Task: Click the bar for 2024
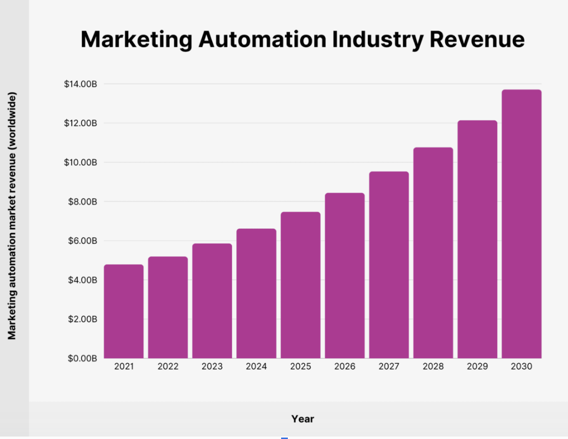(x=256, y=294)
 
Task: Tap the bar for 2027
(x=389, y=265)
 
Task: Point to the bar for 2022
(x=168, y=308)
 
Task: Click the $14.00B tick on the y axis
(x=81, y=84)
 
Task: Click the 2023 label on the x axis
(x=212, y=367)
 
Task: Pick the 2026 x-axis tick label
(x=345, y=367)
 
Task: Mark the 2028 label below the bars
(x=433, y=367)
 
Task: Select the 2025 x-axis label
(x=300, y=367)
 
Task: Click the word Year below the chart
(x=302, y=419)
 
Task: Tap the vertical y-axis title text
(x=12, y=215)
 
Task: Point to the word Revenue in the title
(x=477, y=39)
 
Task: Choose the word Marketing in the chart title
(x=136, y=39)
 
